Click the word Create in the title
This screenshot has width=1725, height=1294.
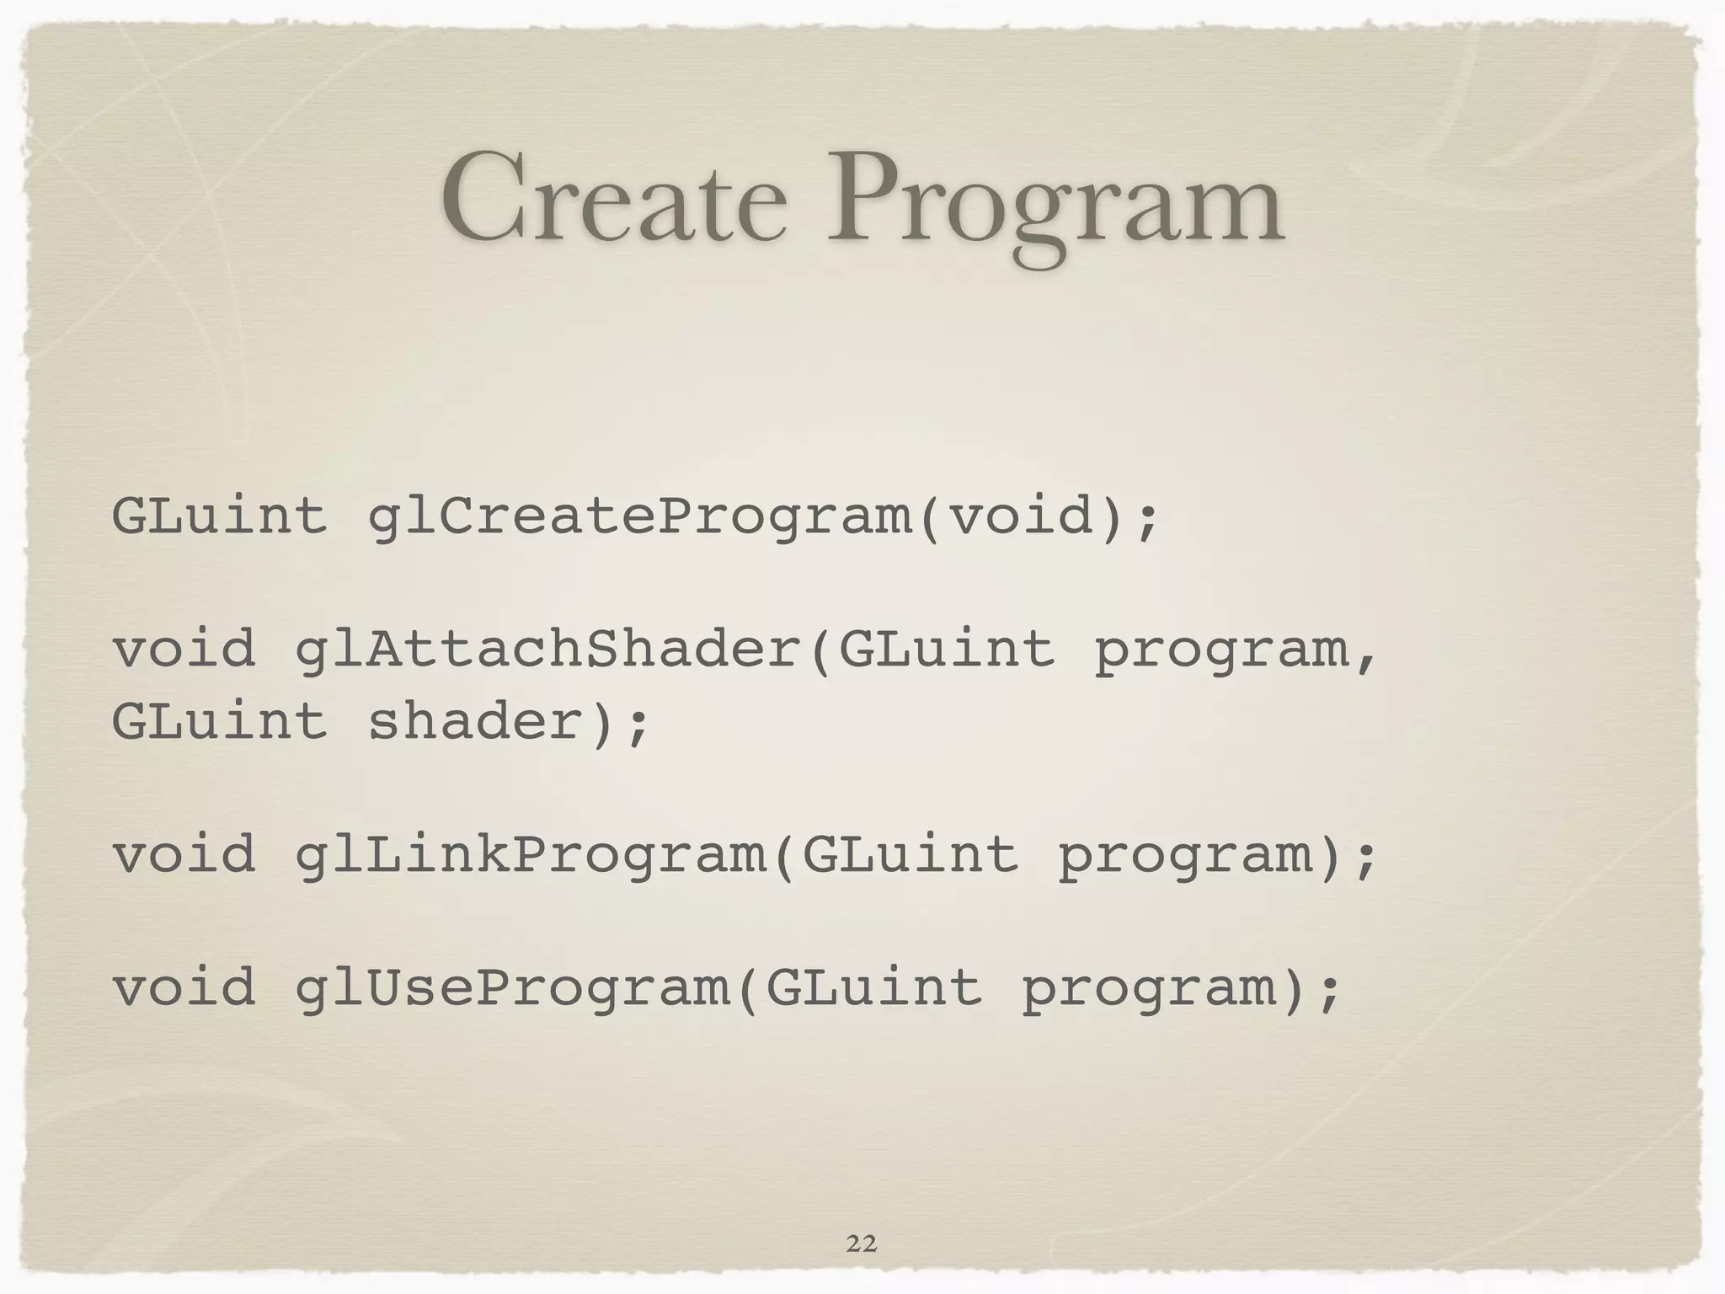click(x=614, y=200)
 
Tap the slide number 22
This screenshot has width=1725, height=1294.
click(x=861, y=1243)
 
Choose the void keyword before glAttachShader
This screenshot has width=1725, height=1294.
click(x=184, y=649)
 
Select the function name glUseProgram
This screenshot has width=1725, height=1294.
click(x=512, y=988)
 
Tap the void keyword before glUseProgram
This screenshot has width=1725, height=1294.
click(x=184, y=987)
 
